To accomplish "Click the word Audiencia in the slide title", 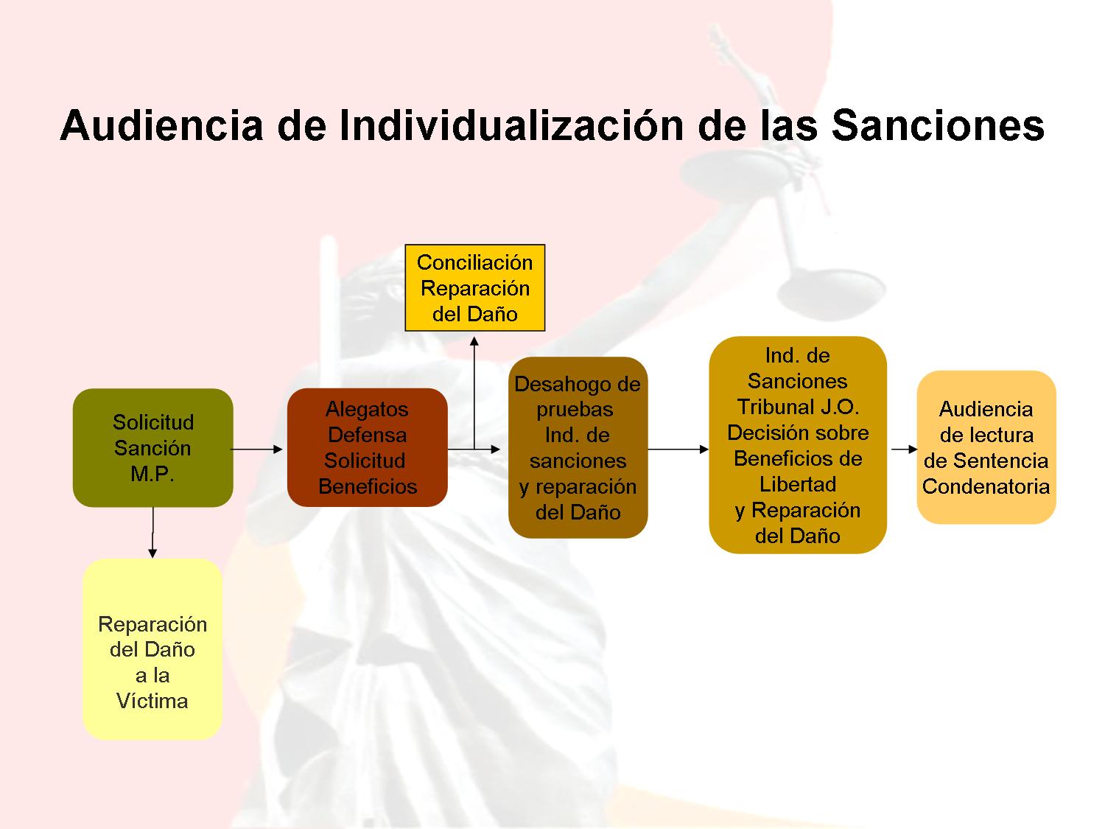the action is (162, 125).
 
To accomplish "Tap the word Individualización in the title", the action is (511, 125).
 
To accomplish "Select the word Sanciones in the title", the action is (938, 125).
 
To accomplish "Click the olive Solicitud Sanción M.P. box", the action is (153, 447).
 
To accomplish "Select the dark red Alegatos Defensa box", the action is (368, 447).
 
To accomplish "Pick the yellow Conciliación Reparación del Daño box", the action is (474, 288).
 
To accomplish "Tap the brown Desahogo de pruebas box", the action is (578, 447).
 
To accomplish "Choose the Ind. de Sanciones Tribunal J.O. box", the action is (798, 445).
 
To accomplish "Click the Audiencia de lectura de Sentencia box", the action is (986, 447).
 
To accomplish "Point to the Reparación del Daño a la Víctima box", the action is (152, 648).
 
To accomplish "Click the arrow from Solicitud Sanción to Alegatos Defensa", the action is (257, 449).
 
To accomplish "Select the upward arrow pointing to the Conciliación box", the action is (474, 393).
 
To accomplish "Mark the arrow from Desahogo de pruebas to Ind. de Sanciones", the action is (678, 449).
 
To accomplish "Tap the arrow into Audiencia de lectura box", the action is (904, 449).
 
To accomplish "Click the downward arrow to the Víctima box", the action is (152, 533).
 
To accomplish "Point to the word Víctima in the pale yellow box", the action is (152, 701).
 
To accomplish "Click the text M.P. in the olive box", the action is (152, 474).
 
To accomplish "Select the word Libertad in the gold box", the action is (798, 484).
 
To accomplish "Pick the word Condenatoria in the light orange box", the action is (986, 486).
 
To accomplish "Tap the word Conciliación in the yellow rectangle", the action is (474, 262).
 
